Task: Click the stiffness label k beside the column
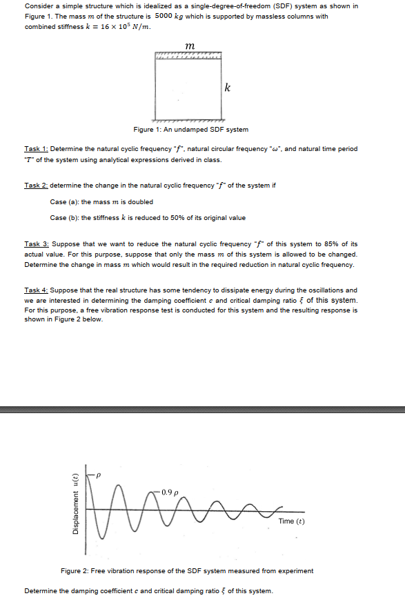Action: click(x=228, y=88)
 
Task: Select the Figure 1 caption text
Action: click(x=190, y=130)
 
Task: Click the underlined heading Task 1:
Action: click(x=36, y=148)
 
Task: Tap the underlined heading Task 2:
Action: click(x=36, y=186)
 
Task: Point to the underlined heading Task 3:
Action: click(x=36, y=244)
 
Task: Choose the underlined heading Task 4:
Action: click(x=36, y=290)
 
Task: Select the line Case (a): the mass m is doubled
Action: click(x=101, y=201)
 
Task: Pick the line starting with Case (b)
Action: click(x=148, y=218)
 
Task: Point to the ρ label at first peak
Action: click(x=99, y=475)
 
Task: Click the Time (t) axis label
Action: click(x=291, y=521)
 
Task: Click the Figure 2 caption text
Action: click(x=187, y=570)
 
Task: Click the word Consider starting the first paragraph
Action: click(x=38, y=6)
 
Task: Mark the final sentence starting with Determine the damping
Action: click(x=148, y=591)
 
